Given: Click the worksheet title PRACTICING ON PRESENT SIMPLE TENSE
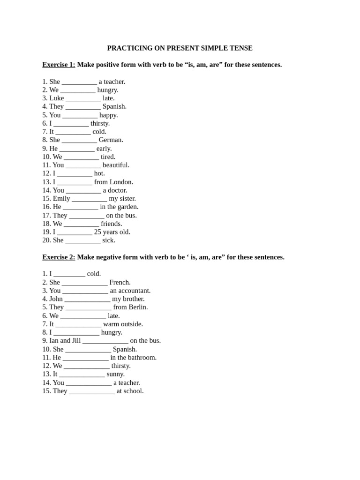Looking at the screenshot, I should (180, 48).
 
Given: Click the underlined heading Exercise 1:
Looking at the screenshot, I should (59, 65).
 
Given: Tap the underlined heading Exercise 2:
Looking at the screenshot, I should (59, 257).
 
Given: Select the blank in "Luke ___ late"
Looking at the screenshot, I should (83, 98).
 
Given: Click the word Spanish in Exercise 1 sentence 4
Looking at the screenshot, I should (114, 106).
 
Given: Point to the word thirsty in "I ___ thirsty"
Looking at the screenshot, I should (100, 123).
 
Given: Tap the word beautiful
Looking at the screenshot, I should (116, 165).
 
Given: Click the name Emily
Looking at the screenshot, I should (61, 198).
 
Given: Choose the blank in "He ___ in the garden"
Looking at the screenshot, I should (81, 207).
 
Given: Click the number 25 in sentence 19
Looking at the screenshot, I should (98, 232).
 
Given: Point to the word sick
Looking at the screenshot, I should (108, 240).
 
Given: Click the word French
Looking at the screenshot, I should (120, 282).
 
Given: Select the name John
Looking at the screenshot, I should (56, 299).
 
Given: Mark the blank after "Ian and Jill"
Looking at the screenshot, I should (105, 341).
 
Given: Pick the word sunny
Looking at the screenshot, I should (115, 374).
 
